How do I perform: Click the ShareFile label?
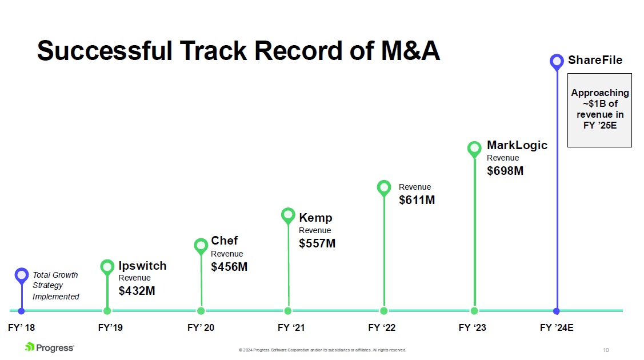click(x=595, y=60)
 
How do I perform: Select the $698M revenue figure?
click(x=505, y=171)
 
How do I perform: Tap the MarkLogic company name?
click(x=517, y=145)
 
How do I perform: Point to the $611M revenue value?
click(x=417, y=200)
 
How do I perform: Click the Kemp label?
click(x=315, y=218)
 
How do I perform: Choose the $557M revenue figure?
click(x=317, y=243)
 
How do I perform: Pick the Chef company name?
click(x=224, y=241)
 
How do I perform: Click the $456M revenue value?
click(x=229, y=267)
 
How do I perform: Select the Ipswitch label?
click(x=142, y=266)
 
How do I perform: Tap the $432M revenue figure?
click(x=137, y=291)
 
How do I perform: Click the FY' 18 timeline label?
click(x=21, y=327)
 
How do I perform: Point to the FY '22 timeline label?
click(x=382, y=327)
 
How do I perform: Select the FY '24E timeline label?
click(x=557, y=327)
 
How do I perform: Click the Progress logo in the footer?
click(x=50, y=347)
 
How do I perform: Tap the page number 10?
click(x=606, y=350)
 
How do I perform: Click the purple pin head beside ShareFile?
click(x=557, y=62)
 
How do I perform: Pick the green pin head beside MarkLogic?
click(x=474, y=149)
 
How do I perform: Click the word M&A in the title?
click(x=410, y=51)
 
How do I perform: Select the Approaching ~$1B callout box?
click(x=599, y=110)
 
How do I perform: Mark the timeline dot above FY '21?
click(x=288, y=311)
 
